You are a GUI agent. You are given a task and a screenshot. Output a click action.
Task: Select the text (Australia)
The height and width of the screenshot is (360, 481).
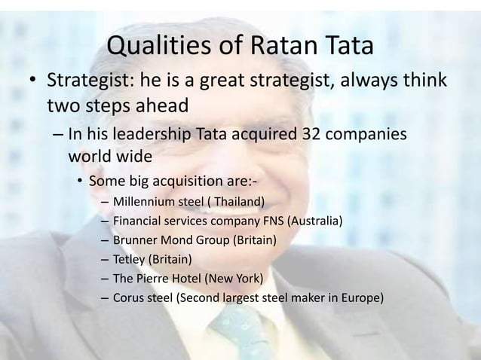coord(313,221)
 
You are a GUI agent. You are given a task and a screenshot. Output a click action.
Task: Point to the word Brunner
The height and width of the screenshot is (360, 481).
coord(135,241)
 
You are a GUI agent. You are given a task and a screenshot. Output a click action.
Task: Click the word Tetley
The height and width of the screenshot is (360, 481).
coord(129,261)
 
